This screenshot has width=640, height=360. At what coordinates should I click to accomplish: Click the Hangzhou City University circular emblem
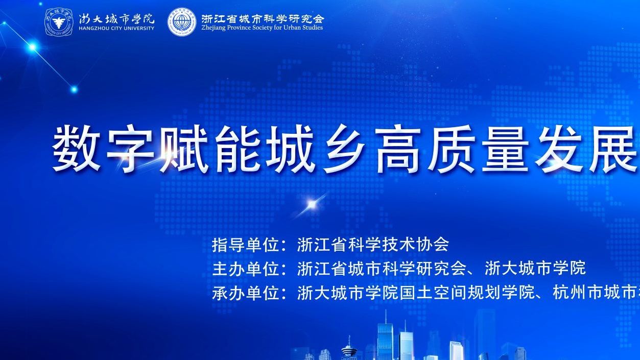pyautogui.click(x=59, y=22)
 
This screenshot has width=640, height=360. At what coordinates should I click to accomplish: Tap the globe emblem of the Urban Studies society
pyautogui.click(x=182, y=22)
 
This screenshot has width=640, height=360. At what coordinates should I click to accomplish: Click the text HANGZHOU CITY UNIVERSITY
pyautogui.click(x=116, y=28)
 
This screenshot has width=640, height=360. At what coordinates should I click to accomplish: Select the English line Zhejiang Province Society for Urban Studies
pyautogui.click(x=262, y=28)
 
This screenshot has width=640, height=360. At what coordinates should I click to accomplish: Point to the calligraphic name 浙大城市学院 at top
pyautogui.click(x=116, y=19)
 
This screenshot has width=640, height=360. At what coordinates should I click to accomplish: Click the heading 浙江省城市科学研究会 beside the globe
pyautogui.click(x=263, y=18)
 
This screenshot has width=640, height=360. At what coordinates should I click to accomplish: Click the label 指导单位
pyautogui.click(x=246, y=245)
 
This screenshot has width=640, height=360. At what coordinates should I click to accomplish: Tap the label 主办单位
pyautogui.click(x=246, y=269)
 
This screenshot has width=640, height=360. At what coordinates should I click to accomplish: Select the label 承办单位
pyautogui.click(x=246, y=292)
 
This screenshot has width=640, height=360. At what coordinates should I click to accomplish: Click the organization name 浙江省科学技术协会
pyautogui.click(x=373, y=245)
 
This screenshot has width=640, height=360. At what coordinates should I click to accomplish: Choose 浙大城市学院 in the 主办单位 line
pyautogui.click(x=535, y=269)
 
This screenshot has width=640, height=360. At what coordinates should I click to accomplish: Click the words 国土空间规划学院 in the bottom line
pyautogui.click(x=467, y=292)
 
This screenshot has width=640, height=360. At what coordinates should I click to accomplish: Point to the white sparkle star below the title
pyautogui.click(x=312, y=204)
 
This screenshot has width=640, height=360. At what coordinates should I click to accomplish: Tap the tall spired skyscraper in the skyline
pyautogui.click(x=386, y=337)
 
